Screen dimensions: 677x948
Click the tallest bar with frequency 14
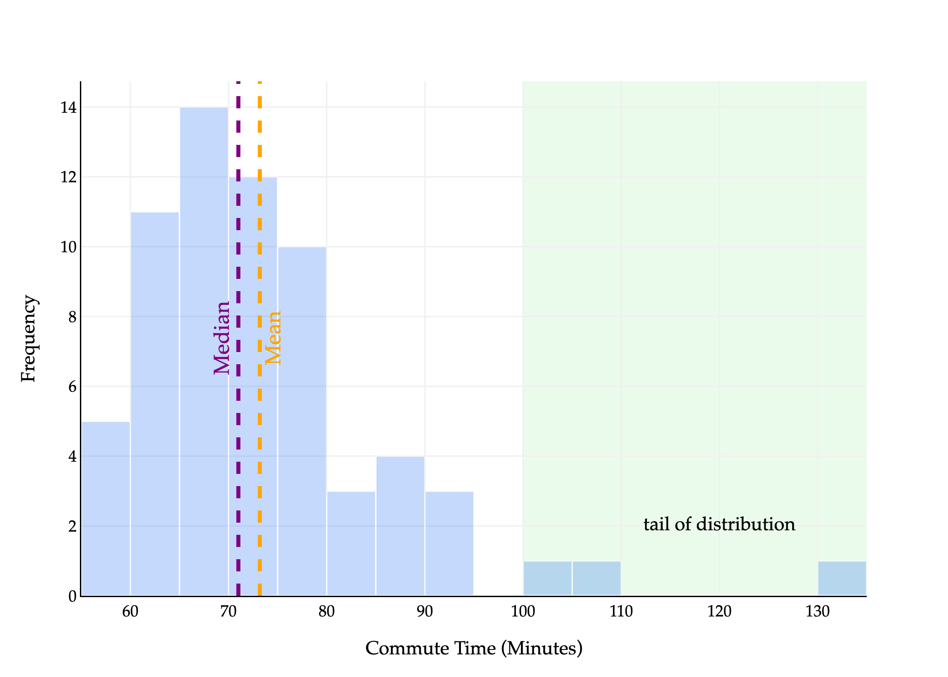coord(204,352)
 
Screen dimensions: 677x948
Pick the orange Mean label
coord(274,338)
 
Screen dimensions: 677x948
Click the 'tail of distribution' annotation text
coord(719,524)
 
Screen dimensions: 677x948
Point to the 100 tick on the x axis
coord(523,612)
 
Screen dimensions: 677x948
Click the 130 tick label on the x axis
coord(818,612)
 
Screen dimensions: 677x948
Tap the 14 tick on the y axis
coord(69,108)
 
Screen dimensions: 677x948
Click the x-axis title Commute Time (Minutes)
coord(474,649)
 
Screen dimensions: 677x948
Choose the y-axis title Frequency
coord(28,338)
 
